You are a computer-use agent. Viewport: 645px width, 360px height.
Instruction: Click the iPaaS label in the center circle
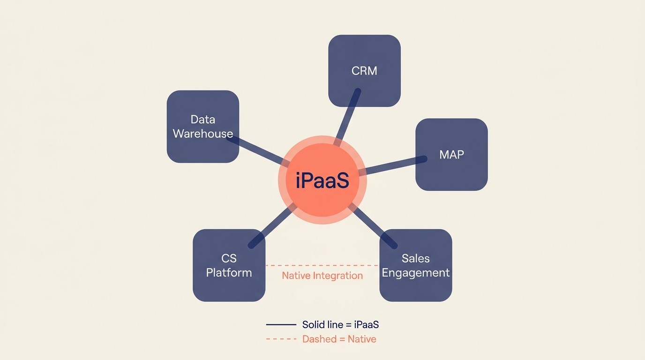[322, 181]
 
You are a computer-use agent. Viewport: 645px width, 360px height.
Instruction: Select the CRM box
[364, 71]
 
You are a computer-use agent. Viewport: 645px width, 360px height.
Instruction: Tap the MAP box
[451, 155]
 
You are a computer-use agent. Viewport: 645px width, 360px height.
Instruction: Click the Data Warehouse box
[203, 127]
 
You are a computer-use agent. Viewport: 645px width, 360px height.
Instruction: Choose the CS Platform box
[229, 265]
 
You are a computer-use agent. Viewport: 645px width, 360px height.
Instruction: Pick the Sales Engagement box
[416, 265]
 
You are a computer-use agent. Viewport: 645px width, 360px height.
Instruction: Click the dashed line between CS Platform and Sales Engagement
[322, 265]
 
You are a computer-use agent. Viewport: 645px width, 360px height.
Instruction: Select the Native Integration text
[322, 276]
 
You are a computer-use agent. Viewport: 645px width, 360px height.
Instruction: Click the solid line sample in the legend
[281, 324]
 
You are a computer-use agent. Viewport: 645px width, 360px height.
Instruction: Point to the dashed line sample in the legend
[281, 339]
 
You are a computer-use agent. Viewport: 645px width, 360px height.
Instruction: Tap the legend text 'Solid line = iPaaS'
[340, 324]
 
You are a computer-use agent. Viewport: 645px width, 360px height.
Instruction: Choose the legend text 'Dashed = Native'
[339, 339]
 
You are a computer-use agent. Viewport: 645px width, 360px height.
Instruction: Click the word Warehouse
[203, 134]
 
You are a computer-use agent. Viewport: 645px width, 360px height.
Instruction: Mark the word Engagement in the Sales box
[416, 273]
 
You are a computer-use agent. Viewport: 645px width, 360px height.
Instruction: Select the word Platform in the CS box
[229, 273]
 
